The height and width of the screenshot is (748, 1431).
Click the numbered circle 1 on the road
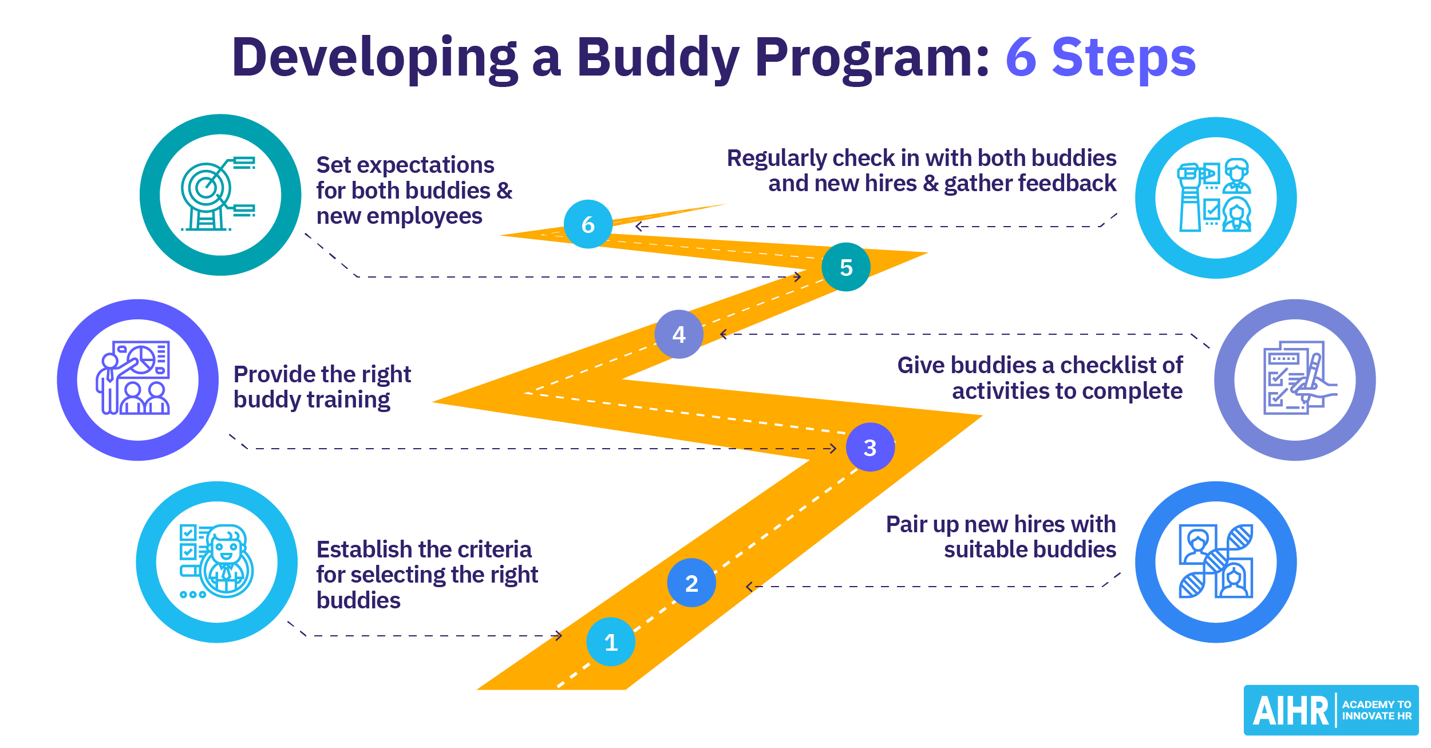pos(611,642)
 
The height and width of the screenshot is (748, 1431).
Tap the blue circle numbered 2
pos(691,583)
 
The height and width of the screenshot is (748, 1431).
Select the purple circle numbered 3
pos(870,447)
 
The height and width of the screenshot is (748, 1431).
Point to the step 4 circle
pos(679,334)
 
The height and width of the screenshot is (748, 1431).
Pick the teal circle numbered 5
pos(846,267)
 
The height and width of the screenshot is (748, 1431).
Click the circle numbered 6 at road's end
pos(588,224)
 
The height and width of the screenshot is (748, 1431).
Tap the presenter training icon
pos(134,378)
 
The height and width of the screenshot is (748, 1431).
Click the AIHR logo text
pos(1290,711)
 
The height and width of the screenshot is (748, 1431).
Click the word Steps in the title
pos(1124,58)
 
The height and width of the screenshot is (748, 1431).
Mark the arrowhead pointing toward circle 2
pos(749,587)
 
